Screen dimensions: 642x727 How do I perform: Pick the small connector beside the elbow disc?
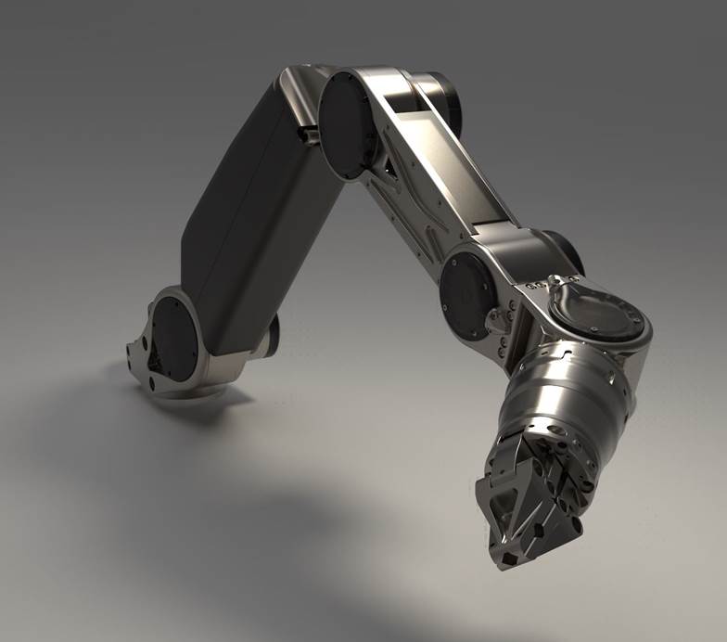[x=307, y=136]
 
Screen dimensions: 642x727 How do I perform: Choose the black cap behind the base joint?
[x=272, y=335]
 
